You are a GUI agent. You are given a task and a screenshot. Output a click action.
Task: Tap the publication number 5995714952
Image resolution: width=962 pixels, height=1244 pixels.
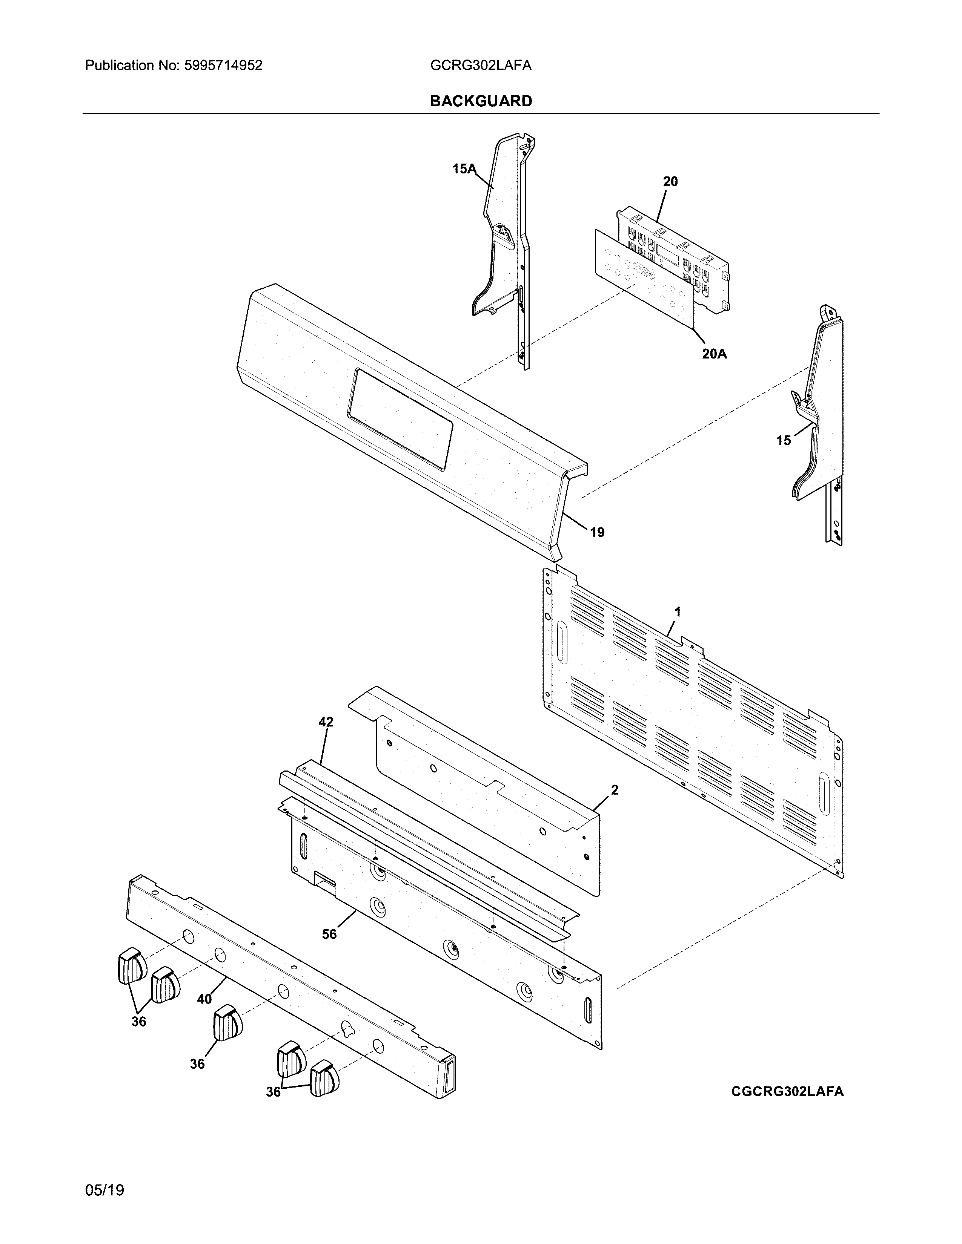(223, 66)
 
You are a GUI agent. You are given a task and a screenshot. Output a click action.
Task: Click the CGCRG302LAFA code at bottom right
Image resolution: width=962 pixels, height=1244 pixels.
(787, 1091)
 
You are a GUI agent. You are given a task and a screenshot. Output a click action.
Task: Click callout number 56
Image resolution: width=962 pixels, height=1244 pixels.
(329, 934)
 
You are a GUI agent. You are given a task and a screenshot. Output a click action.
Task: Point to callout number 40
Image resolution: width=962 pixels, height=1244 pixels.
(204, 999)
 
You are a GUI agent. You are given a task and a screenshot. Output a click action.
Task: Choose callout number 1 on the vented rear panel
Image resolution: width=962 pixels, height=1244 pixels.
(678, 612)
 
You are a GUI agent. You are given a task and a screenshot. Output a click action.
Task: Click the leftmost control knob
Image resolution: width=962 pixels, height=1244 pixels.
(131, 965)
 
